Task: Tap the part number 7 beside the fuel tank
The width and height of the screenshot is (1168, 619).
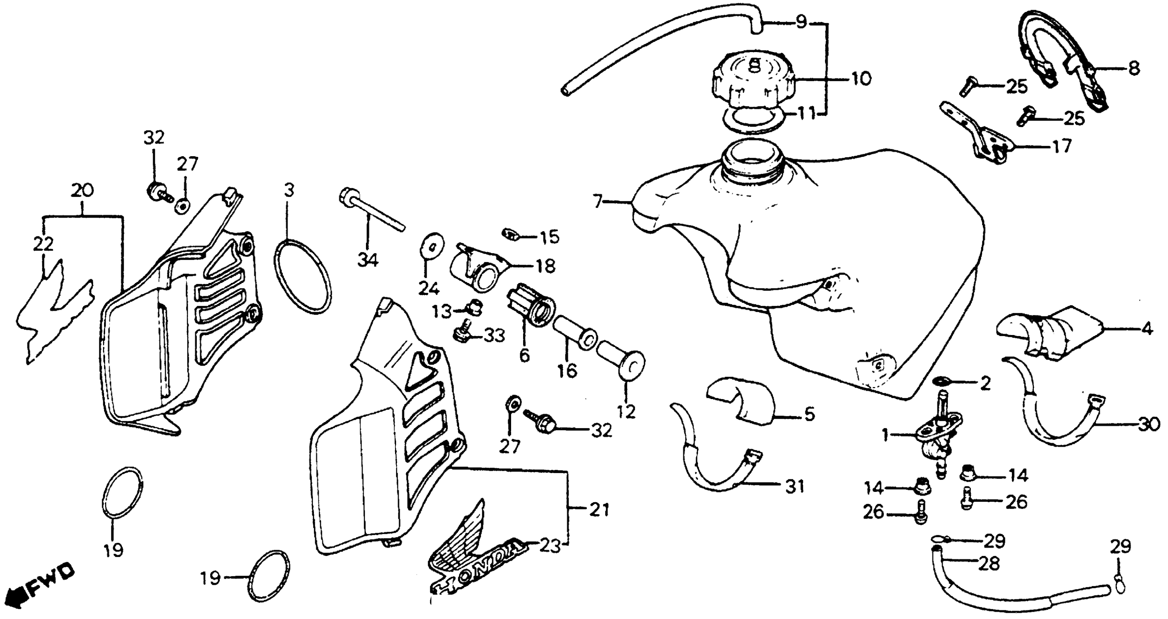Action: coord(598,201)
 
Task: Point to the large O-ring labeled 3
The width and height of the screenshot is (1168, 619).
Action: coord(302,277)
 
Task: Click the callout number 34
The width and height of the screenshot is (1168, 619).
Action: coord(368,260)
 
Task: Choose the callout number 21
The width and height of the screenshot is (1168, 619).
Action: coord(599,510)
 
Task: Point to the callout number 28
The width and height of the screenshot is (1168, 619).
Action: coord(989,564)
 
